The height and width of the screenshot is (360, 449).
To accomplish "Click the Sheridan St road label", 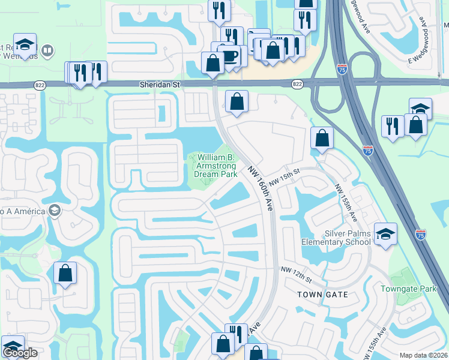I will point(160,85).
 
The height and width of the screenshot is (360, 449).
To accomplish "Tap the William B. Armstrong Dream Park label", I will point(215,166).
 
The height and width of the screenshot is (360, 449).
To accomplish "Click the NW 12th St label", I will point(297,276).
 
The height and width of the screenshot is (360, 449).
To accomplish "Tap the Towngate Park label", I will point(409,289).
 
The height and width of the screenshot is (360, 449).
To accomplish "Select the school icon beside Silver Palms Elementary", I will point(385,235).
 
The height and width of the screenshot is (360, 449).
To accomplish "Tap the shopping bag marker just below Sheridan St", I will point(237,102).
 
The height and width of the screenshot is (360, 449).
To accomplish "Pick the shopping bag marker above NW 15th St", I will point(322,138).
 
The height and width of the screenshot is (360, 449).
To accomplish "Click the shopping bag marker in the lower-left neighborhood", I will point(65,273).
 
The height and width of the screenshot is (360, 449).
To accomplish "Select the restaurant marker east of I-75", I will point(392,127).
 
